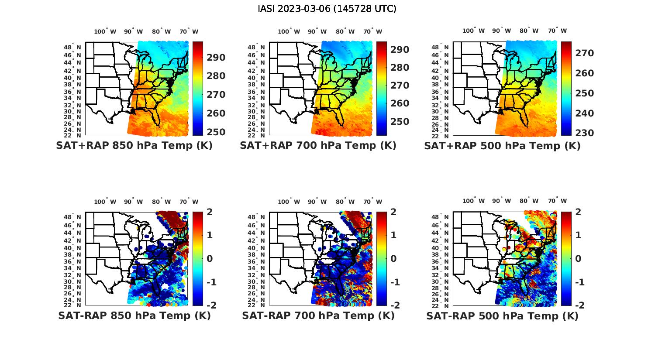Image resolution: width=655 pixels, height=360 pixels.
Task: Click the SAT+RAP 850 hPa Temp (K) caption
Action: pyautogui.click(x=134, y=146)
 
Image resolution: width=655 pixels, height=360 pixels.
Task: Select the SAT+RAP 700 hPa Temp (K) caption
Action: pyautogui.click(x=318, y=146)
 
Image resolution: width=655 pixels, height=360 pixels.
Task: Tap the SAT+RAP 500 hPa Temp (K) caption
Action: pyautogui.click(x=502, y=146)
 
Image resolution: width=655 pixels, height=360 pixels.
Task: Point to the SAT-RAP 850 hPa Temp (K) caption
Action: pyautogui.click(x=134, y=316)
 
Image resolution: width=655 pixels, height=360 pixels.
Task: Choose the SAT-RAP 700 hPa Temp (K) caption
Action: pyautogui.click(x=318, y=316)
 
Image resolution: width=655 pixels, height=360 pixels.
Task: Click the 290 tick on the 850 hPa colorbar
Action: pyautogui.click(x=216, y=58)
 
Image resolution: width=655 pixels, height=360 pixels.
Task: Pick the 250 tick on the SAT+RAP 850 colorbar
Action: pyautogui.click(x=216, y=132)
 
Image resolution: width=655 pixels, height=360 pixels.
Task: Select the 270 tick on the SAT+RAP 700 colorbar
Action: pyautogui.click(x=400, y=86)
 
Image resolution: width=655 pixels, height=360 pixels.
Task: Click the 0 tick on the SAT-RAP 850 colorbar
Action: pyautogui.click(x=209, y=258)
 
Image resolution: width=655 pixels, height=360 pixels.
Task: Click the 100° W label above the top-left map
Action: pyautogui.click(x=105, y=31)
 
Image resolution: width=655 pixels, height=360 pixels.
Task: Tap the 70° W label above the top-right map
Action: pyautogui.click(x=558, y=31)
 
